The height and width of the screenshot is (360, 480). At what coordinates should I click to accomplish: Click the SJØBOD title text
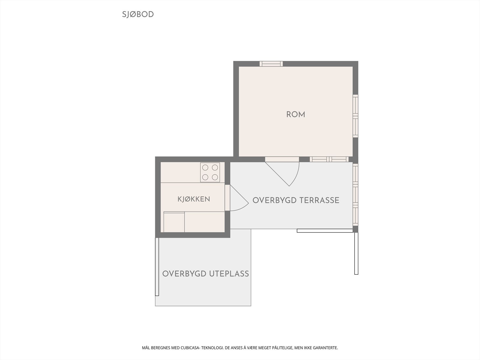click(138, 14)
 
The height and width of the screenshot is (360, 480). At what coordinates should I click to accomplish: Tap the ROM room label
click(296, 115)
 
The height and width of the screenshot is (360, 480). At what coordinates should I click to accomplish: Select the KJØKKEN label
click(194, 199)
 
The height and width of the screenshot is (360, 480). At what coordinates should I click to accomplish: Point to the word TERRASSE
click(319, 200)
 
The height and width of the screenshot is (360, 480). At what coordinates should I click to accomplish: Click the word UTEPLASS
click(229, 274)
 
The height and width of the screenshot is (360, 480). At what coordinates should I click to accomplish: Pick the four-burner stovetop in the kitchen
click(210, 172)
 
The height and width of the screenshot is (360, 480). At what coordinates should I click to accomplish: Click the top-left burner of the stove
click(205, 168)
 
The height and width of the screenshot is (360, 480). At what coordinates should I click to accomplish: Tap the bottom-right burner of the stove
click(215, 177)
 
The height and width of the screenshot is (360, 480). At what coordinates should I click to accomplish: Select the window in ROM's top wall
click(271, 64)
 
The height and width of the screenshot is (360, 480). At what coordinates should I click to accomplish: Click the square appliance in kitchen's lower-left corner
click(174, 222)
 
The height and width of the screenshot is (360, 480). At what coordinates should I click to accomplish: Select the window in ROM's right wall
click(355, 116)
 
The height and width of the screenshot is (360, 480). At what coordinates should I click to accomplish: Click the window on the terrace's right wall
click(355, 195)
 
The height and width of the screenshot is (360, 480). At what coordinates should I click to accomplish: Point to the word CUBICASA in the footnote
click(190, 348)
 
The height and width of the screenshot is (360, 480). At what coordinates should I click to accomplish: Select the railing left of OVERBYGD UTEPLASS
click(157, 267)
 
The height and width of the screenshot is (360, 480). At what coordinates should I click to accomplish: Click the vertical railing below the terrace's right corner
click(356, 253)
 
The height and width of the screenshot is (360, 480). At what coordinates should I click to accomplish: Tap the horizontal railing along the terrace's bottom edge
click(325, 231)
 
